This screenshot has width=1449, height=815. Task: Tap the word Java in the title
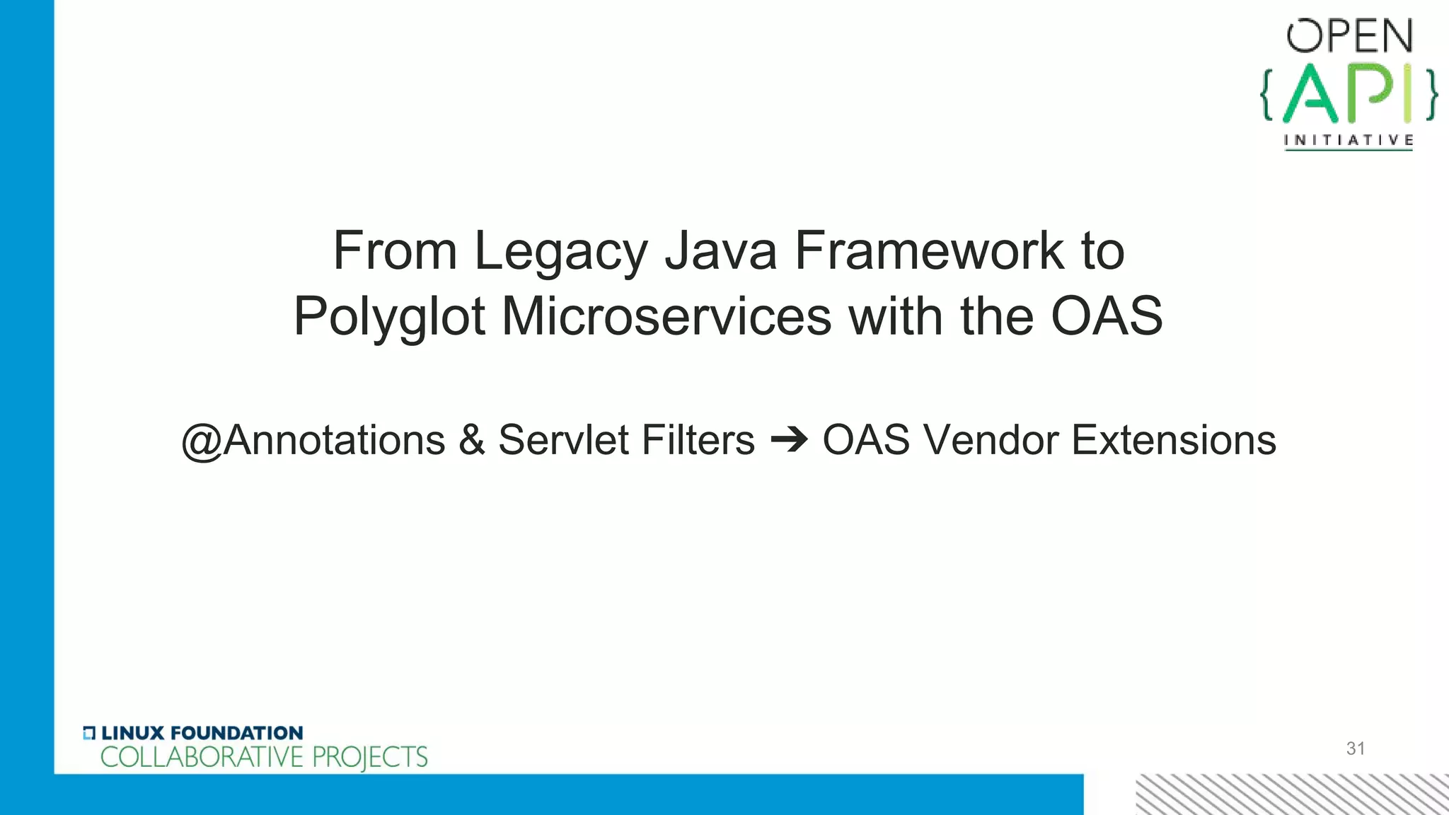pos(720,251)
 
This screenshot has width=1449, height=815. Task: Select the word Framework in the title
pos(928,251)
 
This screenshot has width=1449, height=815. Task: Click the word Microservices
pos(666,316)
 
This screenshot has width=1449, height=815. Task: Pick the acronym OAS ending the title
pos(1107,316)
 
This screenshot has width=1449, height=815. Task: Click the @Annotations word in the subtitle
pos(313,440)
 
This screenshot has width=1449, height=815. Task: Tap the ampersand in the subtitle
pos(472,440)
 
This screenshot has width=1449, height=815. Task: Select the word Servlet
pos(563,440)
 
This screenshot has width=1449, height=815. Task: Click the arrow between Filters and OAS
pos(789,441)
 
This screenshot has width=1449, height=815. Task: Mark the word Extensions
pos(1174,440)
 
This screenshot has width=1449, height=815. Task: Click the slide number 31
pos(1356,748)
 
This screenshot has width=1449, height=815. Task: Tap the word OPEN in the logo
pos(1349,37)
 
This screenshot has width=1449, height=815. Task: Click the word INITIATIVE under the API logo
pos(1349,140)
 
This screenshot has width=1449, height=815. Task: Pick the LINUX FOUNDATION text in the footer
pos(202,733)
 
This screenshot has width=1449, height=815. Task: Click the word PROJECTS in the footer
pos(370,757)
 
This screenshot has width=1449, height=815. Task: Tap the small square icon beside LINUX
pos(89,733)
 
